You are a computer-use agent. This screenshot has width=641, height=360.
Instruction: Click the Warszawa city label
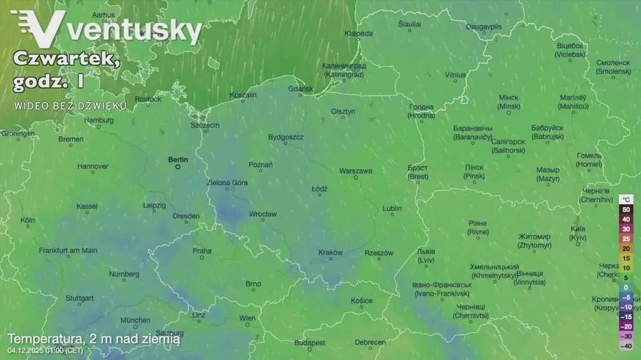356,170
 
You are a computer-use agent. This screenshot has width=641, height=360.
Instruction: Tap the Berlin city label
178,159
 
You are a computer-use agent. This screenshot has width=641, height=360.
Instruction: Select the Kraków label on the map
331,252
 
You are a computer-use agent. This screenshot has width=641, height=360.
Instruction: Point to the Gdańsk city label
300,89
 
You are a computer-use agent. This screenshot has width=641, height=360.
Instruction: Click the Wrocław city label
263,214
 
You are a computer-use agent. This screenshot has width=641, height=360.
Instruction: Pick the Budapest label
310,342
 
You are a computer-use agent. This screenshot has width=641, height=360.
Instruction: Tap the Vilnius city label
455,75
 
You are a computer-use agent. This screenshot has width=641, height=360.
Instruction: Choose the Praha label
202,250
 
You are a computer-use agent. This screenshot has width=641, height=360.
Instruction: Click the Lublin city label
392,208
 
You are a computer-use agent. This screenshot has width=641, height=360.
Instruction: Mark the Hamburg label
99,120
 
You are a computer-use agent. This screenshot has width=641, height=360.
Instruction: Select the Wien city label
247,318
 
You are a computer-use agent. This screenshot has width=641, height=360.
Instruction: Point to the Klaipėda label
359,33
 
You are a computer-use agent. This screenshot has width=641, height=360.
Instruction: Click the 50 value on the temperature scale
625,209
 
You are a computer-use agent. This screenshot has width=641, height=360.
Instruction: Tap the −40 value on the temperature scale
625,346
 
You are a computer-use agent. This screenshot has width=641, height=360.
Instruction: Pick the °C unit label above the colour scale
625,199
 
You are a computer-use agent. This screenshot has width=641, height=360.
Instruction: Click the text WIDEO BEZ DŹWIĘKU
71,106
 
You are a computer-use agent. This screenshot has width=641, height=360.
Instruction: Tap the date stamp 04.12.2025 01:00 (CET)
45,350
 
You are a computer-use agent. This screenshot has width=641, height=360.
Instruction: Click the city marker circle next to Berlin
178,167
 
